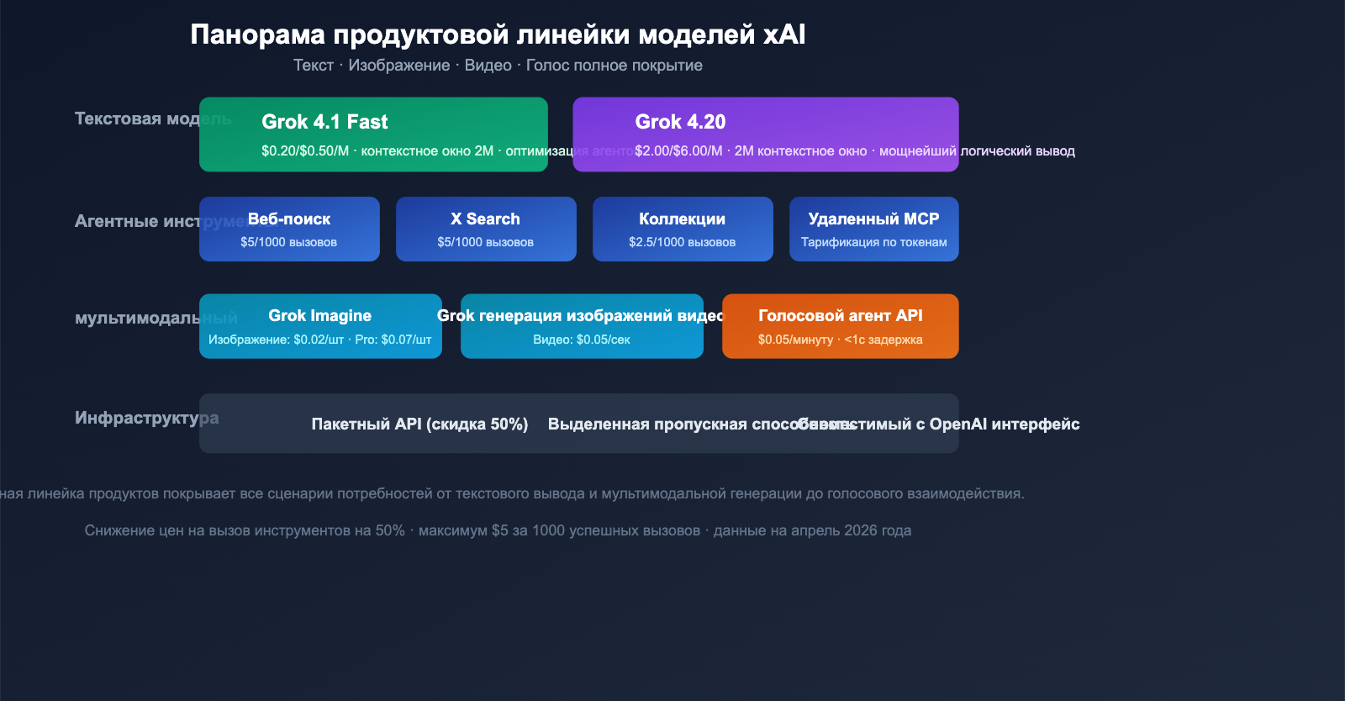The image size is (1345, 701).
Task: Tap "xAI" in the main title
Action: (x=783, y=34)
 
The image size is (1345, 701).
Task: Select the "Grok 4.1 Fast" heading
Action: (x=324, y=122)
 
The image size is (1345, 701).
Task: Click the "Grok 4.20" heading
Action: (x=680, y=122)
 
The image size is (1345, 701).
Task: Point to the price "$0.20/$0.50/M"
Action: (x=304, y=151)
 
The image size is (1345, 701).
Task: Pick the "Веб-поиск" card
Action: (x=289, y=229)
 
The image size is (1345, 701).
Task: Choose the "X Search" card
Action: (x=486, y=229)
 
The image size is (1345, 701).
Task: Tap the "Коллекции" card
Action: (x=683, y=229)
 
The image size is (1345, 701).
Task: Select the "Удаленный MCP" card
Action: (x=873, y=229)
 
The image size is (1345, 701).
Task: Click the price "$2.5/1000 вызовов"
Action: (x=682, y=242)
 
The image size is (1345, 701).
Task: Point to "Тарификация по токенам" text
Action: (x=873, y=242)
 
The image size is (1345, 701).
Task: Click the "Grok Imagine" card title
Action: (x=319, y=315)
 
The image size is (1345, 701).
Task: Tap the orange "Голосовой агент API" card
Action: (x=840, y=325)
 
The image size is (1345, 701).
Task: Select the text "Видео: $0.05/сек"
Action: (x=581, y=340)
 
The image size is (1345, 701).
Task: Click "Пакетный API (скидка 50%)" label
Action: (x=419, y=424)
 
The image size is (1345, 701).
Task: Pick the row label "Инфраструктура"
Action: (x=146, y=418)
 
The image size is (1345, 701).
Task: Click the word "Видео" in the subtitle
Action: (x=488, y=66)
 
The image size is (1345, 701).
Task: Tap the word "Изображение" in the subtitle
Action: (x=399, y=66)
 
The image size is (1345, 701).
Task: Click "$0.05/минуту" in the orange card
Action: (x=795, y=340)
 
